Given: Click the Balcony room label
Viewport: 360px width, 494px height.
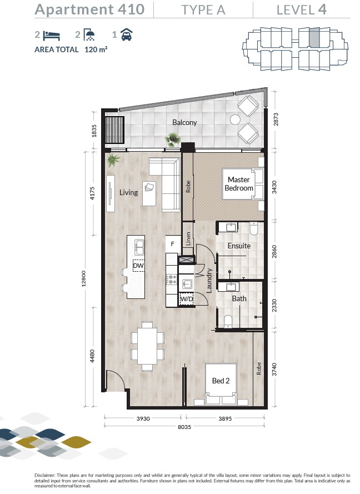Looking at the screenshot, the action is [x=184, y=122].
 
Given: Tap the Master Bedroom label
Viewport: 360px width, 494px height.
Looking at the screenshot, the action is [x=239, y=184].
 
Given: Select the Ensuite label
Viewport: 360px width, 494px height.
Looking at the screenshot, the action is [x=239, y=246].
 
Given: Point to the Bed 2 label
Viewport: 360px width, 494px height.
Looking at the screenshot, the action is [x=221, y=381].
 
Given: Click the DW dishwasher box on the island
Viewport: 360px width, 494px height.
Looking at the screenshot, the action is [x=138, y=266].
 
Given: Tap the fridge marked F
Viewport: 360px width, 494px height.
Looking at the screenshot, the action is [x=173, y=244].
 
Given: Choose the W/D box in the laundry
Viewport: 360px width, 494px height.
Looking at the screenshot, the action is [x=186, y=298].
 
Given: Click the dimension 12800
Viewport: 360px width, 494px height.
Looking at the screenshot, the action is [x=84, y=278].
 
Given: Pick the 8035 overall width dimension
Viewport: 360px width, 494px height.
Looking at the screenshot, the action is [x=184, y=427].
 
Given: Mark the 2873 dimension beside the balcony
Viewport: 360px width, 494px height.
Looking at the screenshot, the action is [x=276, y=119].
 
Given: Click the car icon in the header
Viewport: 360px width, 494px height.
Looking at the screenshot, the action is [x=127, y=34].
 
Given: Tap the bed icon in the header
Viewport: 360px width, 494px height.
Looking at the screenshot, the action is [x=52, y=36].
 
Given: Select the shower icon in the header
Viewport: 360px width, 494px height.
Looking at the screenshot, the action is [x=89, y=35].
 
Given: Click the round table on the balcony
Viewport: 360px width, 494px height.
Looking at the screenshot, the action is [x=235, y=119].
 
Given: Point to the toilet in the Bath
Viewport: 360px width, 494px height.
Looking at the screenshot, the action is [x=228, y=322].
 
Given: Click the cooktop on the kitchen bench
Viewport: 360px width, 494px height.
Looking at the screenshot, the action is [x=172, y=279].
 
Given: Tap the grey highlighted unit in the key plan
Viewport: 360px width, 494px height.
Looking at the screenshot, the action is [x=314, y=37].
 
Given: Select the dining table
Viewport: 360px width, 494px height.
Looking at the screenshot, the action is [x=147, y=346].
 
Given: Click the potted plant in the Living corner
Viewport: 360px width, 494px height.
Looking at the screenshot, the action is [x=113, y=160].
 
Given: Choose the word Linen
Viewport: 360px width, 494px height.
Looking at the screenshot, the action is [x=188, y=239].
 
